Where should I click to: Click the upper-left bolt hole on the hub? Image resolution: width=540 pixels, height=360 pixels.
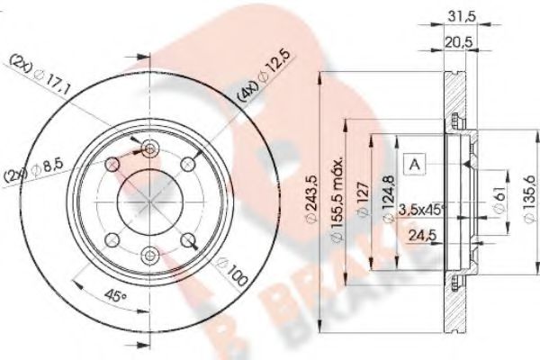[x=113, y=164]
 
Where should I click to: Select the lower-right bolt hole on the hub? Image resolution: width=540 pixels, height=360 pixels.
[x=188, y=240]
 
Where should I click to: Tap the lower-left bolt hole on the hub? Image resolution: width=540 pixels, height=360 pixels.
[x=113, y=240]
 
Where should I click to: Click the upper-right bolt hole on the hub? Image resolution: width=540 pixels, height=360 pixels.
[x=188, y=164]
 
